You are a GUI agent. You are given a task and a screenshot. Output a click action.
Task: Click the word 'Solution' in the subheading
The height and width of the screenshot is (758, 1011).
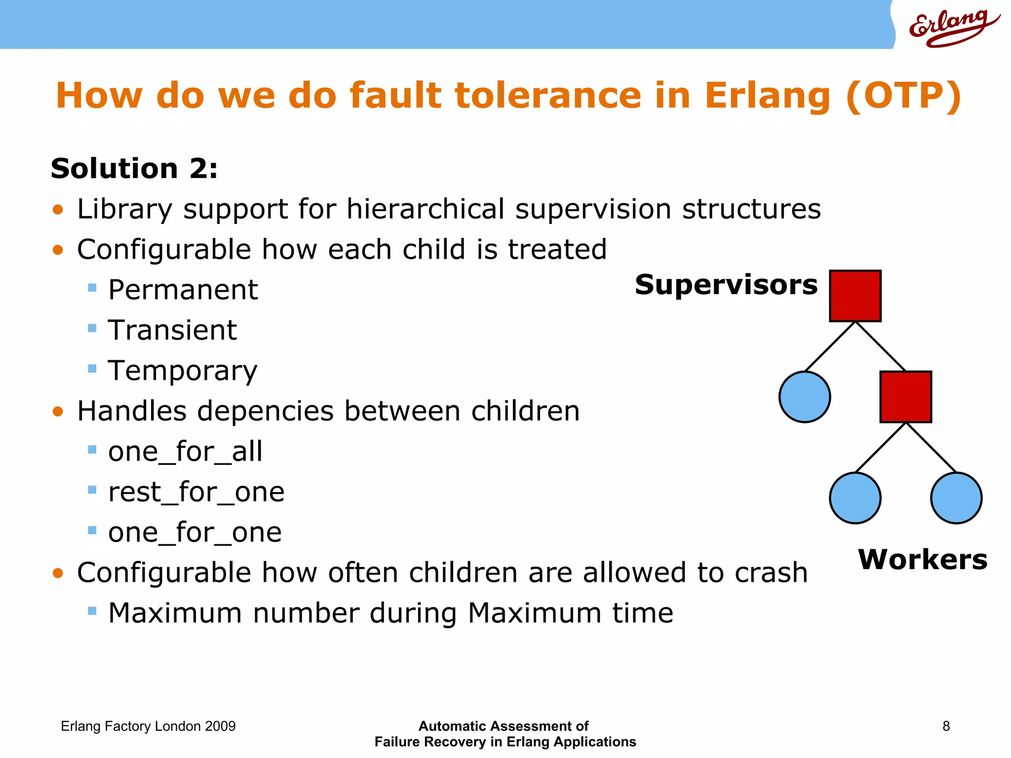pos(114,169)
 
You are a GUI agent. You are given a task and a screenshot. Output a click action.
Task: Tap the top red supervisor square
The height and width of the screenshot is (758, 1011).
pos(855,296)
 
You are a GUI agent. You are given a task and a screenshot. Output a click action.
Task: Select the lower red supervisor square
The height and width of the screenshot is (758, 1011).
pos(905,397)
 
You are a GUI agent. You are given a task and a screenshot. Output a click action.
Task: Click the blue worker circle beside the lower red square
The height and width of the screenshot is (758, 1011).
pos(805,397)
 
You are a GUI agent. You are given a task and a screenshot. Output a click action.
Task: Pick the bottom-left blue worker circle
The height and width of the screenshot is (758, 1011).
pos(855,498)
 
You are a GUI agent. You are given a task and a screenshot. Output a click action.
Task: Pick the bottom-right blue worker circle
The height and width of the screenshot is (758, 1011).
pos(956,498)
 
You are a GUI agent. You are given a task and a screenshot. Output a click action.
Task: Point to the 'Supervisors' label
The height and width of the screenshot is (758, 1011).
pos(726,285)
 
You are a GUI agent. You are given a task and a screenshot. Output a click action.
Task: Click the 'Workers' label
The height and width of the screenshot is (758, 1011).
pos(923,560)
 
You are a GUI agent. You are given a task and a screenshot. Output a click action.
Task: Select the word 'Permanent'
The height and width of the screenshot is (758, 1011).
pos(183,290)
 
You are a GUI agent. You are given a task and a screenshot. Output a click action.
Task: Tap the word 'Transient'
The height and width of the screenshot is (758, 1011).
pos(172,330)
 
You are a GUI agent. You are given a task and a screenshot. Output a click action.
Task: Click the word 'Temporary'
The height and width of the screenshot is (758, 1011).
pos(183,371)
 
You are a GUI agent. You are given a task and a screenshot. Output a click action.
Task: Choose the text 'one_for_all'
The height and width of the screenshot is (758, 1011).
pos(185,452)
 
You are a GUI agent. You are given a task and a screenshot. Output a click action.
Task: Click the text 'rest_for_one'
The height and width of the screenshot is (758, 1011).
pos(196,492)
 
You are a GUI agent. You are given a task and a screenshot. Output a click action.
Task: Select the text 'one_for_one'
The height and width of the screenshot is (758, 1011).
pos(195,532)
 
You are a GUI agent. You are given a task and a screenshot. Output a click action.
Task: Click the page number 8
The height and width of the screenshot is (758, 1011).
pos(946,726)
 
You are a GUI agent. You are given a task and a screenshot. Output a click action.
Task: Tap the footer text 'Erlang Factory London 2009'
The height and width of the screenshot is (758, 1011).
pos(148,726)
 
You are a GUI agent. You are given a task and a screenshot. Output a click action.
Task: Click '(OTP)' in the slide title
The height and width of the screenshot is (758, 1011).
pos(903,95)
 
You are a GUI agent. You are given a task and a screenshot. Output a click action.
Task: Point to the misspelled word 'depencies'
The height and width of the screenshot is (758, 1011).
pos(266,411)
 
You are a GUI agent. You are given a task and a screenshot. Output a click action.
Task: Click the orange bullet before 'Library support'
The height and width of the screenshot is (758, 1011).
pos(58,210)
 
